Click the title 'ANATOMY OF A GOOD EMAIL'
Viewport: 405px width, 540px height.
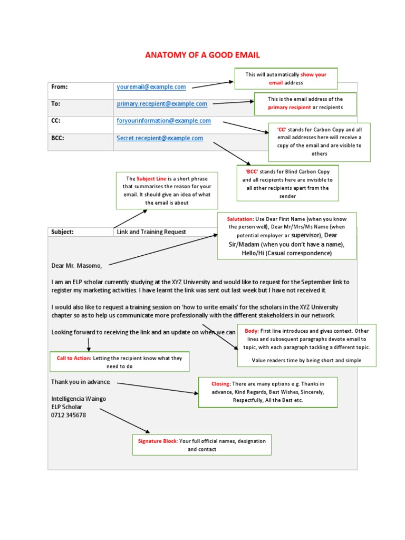202,55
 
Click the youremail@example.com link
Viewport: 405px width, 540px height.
151,87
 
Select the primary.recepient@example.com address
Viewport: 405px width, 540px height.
162,104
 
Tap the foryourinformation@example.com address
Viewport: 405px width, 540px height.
163,121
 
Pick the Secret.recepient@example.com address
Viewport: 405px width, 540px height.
160,138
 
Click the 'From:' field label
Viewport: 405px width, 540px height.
60,87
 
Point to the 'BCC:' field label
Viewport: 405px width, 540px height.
57,138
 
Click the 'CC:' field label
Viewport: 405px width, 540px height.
56,121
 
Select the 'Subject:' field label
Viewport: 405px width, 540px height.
62,232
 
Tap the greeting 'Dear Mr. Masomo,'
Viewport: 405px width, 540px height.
76,265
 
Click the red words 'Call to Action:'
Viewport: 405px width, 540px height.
74,358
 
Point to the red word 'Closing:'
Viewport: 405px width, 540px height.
220,384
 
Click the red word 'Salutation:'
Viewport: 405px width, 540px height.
239,218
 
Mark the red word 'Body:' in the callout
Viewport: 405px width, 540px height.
252,331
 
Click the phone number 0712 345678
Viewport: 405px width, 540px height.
69,415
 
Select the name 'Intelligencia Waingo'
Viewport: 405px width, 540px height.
79,399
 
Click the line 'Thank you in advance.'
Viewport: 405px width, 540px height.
81,381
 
